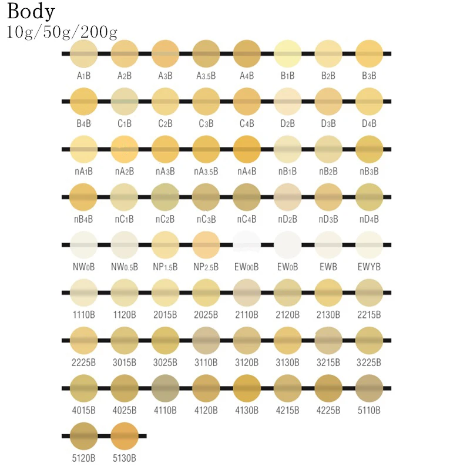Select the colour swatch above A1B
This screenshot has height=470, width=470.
(x=83, y=53)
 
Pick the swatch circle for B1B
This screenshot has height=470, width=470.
(x=288, y=53)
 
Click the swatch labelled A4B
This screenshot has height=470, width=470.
(x=247, y=53)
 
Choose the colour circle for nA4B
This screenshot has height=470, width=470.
(x=247, y=149)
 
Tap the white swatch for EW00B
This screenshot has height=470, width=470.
(x=247, y=244)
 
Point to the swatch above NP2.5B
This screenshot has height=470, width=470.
(x=206, y=244)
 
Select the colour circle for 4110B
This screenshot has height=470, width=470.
(x=165, y=388)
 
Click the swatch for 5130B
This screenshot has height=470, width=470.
(x=125, y=435)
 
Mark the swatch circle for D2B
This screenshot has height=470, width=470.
(x=288, y=101)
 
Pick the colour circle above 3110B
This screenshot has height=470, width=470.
(x=206, y=340)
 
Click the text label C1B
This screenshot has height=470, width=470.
(x=125, y=124)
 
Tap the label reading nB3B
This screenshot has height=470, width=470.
(x=370, y=172)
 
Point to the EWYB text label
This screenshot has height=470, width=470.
(x=370, y=267)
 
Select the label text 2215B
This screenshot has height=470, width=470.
(x=370, y=314)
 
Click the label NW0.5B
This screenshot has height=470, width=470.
(x=125, y=267)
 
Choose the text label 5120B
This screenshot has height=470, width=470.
(x=83, y=458)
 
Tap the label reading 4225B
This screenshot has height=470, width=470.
(x=328, y=410)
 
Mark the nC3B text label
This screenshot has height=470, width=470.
(x=206, y=219)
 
